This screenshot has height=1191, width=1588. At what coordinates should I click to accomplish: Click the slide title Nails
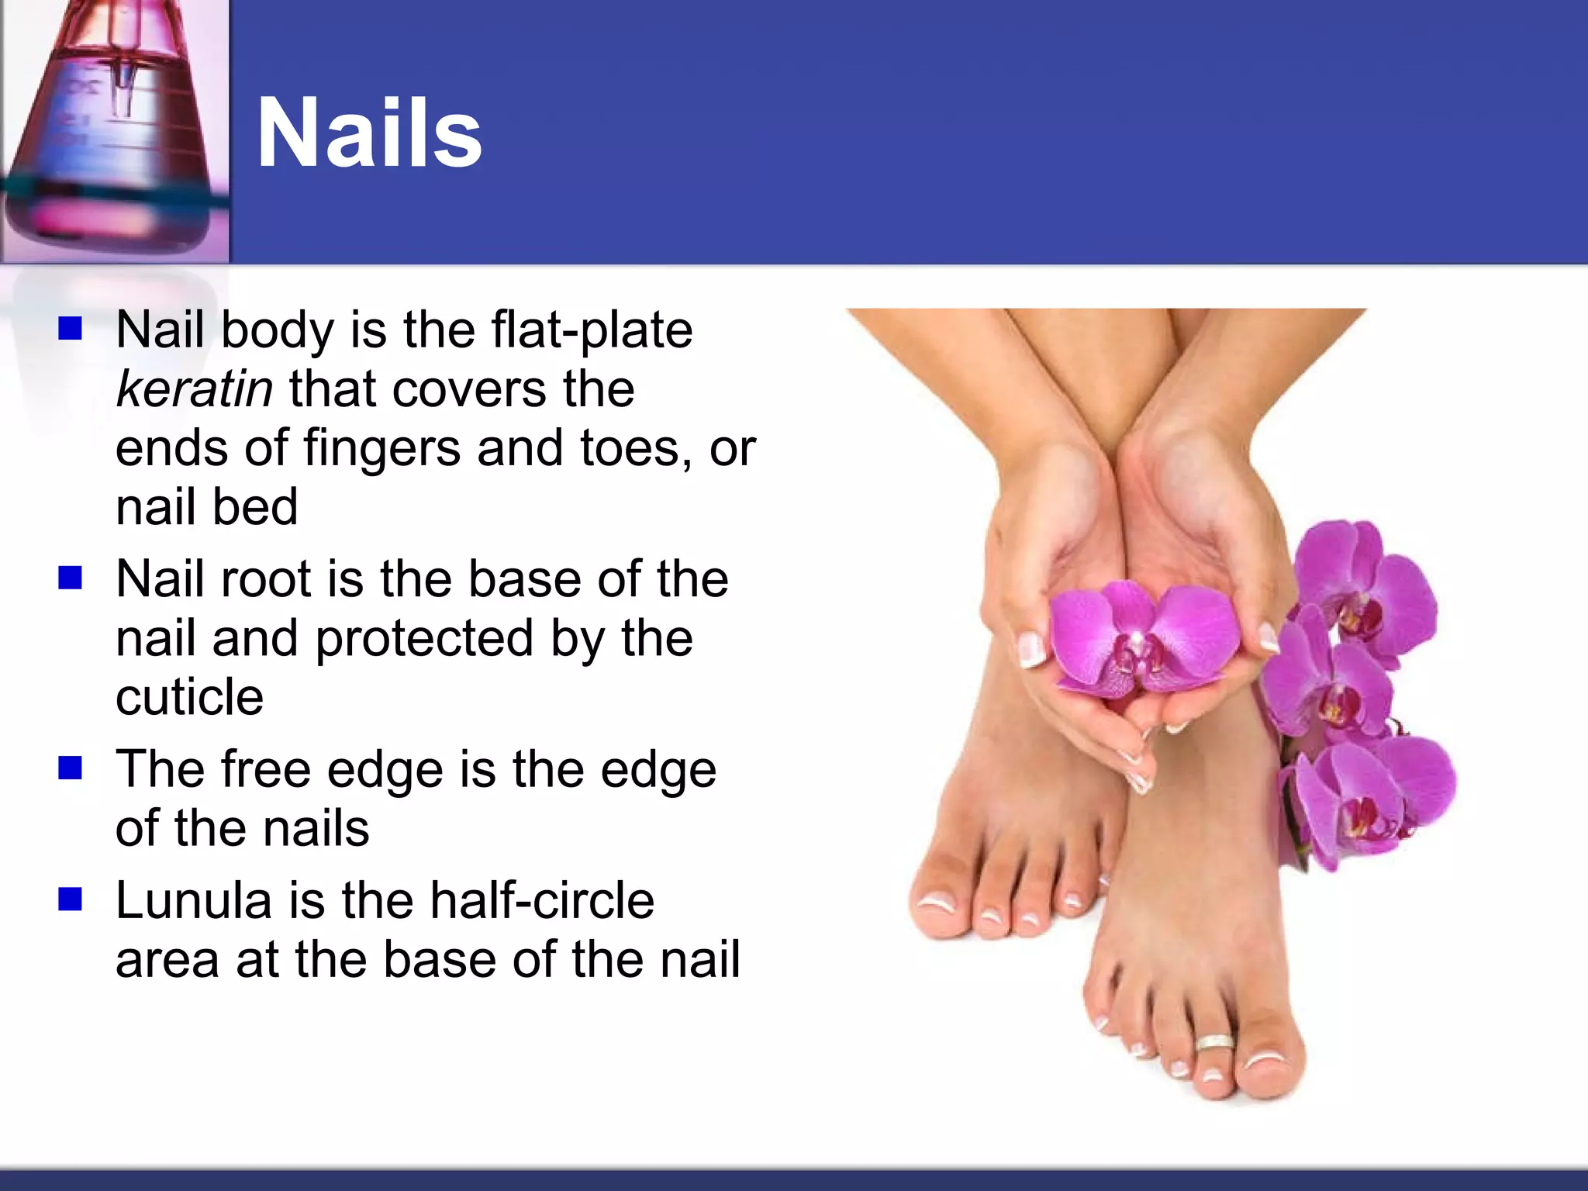(x=369, y=133)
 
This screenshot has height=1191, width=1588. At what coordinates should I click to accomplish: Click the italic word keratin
(x=194, y=389)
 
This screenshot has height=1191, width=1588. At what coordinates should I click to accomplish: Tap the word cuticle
(x=189, y=697)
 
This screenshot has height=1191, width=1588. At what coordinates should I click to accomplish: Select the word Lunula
(x=194, y=901)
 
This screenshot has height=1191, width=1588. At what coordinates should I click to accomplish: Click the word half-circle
(x=542, y=901)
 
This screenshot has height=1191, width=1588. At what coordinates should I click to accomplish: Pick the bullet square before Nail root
(x=71, y=578)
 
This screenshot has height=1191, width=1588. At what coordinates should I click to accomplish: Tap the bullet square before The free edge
(x=71, y=768)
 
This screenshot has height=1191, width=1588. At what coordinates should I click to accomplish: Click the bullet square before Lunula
(x=71, y=899)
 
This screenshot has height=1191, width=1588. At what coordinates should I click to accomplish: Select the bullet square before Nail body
(x=71, y=329)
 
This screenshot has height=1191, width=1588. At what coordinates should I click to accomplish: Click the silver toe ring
(x=1215, y=1043)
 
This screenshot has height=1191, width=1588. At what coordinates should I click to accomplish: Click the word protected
(x=425, y=639)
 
